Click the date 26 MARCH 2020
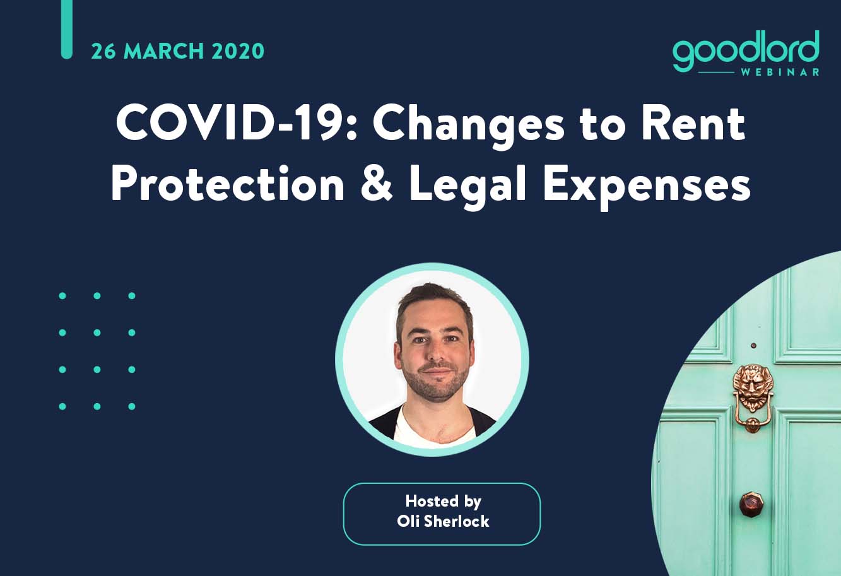(177, 52)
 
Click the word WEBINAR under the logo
(780, 72)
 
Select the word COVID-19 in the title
(237, 124)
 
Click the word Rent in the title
(693, 124)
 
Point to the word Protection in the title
(228, 184)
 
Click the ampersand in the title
(376, 185)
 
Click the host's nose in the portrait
(435, 353)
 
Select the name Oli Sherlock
(443, 521)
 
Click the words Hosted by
(443, 502)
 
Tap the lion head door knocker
(753, 398)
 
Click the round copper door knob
(751, 504)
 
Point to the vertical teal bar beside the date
(66, 29)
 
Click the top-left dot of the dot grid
(62, 296)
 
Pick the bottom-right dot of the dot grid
(132, 406)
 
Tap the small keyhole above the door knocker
(753, 346)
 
